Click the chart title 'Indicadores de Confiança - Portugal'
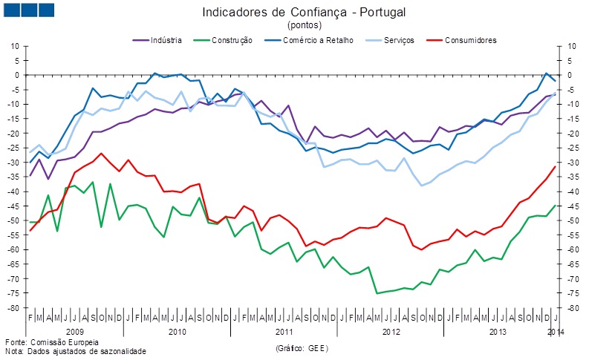coord(293,13)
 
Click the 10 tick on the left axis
coord(14,46)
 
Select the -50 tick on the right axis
coord(572,220)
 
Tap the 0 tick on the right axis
coord(569,75)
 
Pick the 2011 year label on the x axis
coord(284,330)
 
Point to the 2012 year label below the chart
coord(390,330)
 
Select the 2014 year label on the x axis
coord(556,330)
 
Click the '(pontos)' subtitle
coord(293,25)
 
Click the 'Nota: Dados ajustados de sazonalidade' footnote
coord(75,351)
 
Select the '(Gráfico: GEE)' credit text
coord(301,347)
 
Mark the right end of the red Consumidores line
coord(555,166)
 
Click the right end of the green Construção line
coord(555,206)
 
